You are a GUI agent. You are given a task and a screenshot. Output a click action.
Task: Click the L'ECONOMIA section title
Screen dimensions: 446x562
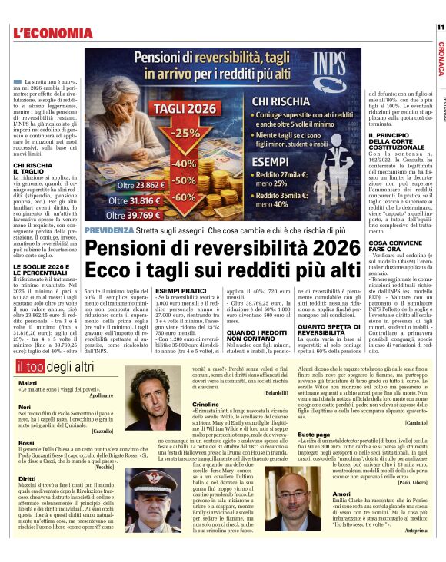pyautogui.click(x=53, y=33)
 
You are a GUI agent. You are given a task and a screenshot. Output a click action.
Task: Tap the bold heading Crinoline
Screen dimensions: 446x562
pyautogui.click(x=205, y=403)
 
